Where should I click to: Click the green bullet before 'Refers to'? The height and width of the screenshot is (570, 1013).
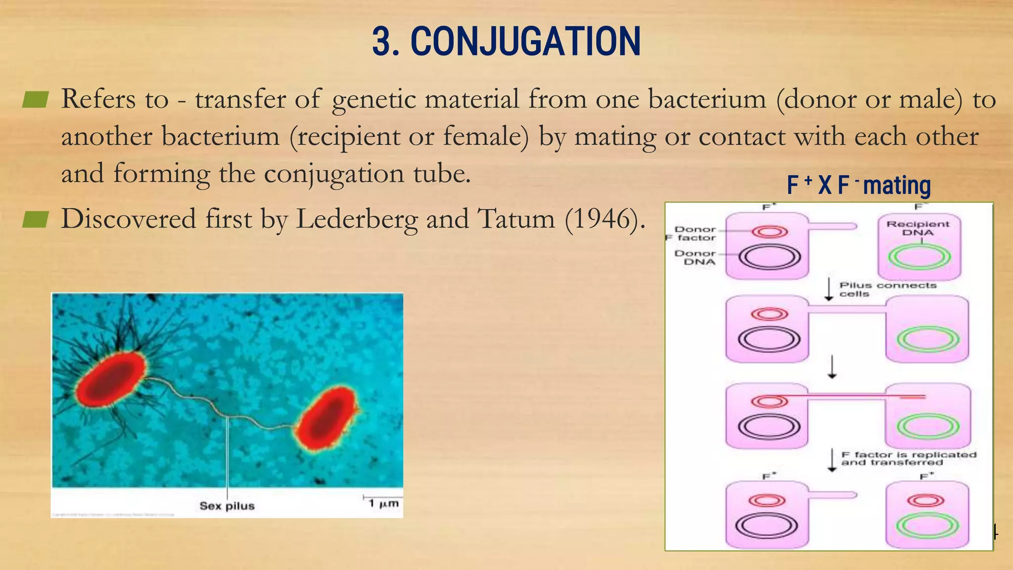pyautogui.click(x=35, y=99)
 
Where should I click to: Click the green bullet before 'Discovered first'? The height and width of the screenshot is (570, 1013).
pyautogui.click(x=35, y=219)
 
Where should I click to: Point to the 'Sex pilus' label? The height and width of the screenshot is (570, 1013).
pyautogui.click(x=227, y=506)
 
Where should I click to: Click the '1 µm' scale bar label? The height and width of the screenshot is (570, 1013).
pyautogui.click(x=383, y=503)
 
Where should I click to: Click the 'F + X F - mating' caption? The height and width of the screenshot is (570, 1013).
pyautogui.click(x=859, y=186)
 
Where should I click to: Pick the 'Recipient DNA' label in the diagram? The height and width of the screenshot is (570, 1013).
pyautogui.click(x=918, y=228)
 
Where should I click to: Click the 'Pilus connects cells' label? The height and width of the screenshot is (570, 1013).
pyautogui.click(x=887, y=289)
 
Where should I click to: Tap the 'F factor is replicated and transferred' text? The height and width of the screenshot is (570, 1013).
pyautogui.click(x=909, y=458)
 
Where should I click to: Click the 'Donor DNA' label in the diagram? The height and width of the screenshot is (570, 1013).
pyautogui.click(x=695, y=257)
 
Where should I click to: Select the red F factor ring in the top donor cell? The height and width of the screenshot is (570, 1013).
pyautogui.click(x=770, y=232)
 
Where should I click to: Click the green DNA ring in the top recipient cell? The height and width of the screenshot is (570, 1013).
pyautogui.click(x=919, y=257)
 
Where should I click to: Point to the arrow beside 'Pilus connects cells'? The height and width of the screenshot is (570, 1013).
pyautogui.click(x=829, y=289)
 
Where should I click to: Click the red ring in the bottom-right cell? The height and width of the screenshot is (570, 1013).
pyautogui.click(x=925, y=501)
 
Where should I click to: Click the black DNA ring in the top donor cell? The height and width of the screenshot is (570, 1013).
pyautogui.click(x=770, y=257)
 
